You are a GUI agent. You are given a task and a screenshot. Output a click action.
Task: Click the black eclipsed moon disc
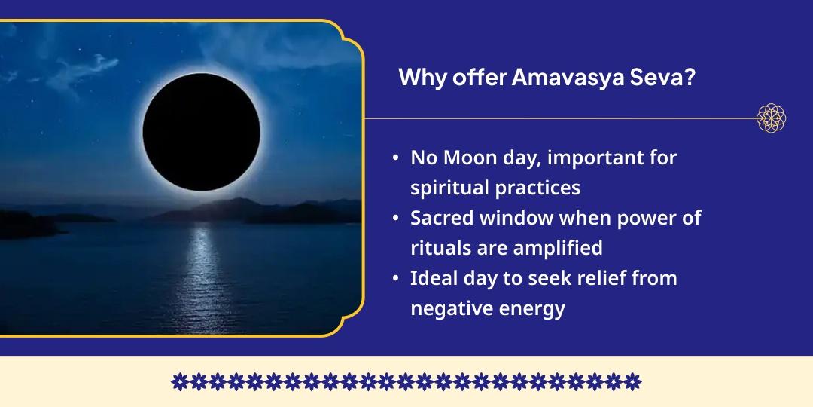click(201, 132)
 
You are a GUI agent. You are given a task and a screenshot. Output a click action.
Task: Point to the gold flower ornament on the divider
click(771, 118)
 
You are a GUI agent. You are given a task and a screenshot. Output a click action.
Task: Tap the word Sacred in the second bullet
click(442, 218)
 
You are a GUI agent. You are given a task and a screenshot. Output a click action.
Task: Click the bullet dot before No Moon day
click(396, 158)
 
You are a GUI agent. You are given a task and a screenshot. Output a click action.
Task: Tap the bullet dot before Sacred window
click(396, 218)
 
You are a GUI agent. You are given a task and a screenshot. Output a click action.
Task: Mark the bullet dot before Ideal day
click(396, 278)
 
